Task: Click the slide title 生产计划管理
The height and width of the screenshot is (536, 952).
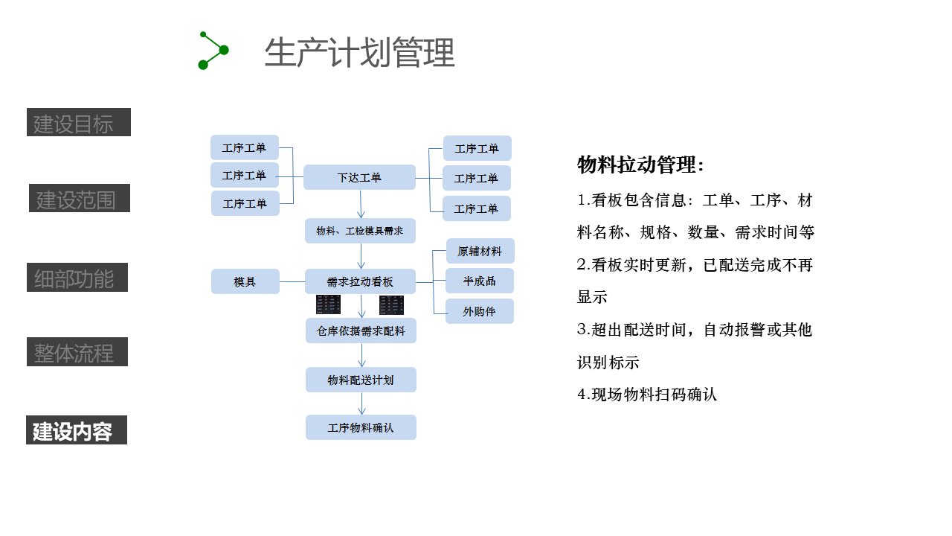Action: click(x=359, y=53)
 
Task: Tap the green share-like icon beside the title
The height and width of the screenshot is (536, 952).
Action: click(x=213, y=51)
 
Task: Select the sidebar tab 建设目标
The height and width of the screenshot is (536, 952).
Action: click(x=79, y=123)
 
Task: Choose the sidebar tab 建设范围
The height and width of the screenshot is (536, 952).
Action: click(x=80, y=199)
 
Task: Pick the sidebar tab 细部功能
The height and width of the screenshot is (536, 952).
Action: click(x=77, y=278)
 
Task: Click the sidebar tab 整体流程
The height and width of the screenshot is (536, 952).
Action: click(x=77, y=352)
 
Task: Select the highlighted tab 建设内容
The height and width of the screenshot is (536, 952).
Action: click(x=77, y=430)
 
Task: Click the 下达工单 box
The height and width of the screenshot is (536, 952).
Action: click(x=359, y=177)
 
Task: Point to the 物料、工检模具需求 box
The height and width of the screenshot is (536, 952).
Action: click(x=360, y=231)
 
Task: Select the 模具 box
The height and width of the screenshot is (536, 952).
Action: click(x=245, y=281)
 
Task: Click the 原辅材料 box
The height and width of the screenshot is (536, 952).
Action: click(x=480, y=251)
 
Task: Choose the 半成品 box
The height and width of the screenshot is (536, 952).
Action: click(x=480, y=281)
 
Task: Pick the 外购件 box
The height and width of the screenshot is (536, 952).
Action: click(x=480, y=311)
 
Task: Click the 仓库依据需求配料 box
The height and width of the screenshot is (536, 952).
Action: click(x=361, y=331)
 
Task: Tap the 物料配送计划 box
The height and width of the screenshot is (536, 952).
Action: click(x=361, y=380)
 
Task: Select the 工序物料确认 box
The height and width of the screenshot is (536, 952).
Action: click(x=361, y=427)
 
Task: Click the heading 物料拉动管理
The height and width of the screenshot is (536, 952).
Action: click(x=640, y=165)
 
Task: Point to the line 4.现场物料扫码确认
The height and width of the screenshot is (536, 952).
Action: click(x=647, y=395)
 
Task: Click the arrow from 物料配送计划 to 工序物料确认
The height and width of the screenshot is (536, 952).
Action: click(x=362, y=403)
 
